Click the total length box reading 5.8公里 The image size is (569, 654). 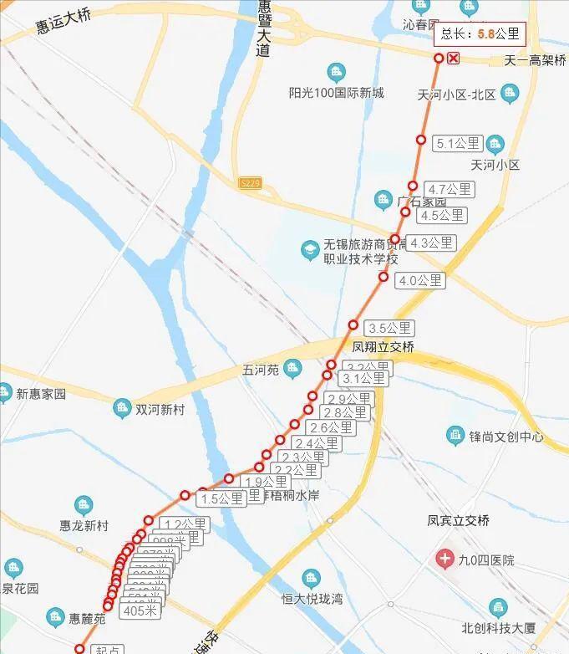tap(480, 34)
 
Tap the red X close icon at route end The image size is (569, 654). tap(453, 58)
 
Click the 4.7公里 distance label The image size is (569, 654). tap(449, 189)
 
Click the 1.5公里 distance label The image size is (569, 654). tap(221, 498)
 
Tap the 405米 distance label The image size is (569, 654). tap(140, 611)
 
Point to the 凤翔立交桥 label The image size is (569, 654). tap(384, 346)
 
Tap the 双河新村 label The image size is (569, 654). tap(160, 409)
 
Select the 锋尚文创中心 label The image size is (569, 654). tap(506, 437)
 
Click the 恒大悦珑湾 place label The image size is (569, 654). tap(312, 599)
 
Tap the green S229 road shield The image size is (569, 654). tap(249, 183)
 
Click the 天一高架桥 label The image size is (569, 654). tap(536, 61)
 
